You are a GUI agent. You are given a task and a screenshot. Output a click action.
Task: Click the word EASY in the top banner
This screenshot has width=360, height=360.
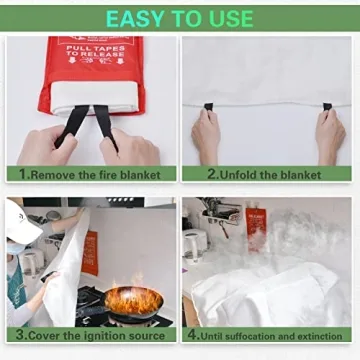pos(135,18)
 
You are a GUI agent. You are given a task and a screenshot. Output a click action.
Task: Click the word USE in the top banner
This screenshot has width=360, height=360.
pos(229,18)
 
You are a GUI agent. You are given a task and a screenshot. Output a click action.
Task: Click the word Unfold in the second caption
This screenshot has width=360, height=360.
pos(239,173)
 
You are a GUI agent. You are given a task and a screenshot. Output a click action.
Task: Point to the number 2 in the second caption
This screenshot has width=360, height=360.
pos(213,173)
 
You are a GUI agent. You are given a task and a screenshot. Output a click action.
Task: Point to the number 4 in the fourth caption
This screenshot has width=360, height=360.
pos(191,335)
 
